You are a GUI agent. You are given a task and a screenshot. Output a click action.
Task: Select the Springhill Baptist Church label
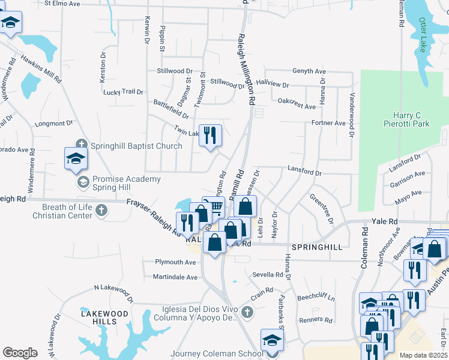click(136, 146)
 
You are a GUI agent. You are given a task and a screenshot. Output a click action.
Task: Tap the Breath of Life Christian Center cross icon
click(101, 209)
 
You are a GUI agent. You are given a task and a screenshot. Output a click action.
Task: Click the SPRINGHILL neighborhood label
click(316, 247)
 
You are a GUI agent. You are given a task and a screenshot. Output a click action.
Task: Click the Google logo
click(20, 353)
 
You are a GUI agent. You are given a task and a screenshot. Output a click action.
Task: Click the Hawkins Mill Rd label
click(40, 68)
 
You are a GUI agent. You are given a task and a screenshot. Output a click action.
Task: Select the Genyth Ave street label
click(309, 71)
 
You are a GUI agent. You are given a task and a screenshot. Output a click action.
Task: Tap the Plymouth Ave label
click(176, 262)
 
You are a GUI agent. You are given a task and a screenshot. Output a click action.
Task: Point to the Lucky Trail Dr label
click(124, 92)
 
